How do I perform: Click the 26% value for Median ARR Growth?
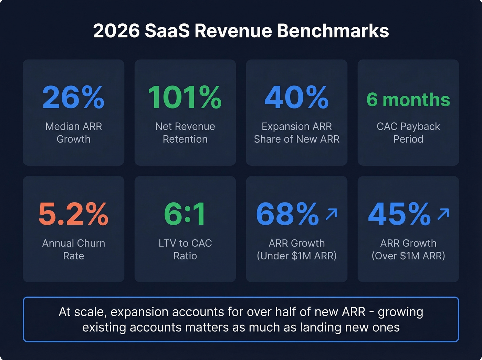[73, 97]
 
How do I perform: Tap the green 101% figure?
[185, 97]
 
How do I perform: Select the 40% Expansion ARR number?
[296, 97]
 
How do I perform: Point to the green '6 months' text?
[408, 100]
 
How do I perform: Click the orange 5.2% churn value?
[73, 214]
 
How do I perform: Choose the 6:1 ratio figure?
[185, 214]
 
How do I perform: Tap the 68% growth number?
[287, 214]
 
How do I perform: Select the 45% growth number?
[399, 214]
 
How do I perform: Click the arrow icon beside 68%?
[332, 214]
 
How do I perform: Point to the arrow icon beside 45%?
[443, 214]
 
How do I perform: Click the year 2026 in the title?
[116, 31]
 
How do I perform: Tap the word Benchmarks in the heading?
[333, 31]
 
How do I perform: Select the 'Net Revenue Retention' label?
[185, 133]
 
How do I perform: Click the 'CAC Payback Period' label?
[408, 133]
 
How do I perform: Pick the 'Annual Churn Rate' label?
[73, 249]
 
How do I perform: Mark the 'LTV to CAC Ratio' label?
[185, 249]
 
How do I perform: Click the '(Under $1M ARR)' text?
[296, 256]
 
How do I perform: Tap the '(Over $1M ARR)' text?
[408, 256]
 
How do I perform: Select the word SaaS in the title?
[167, 31]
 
